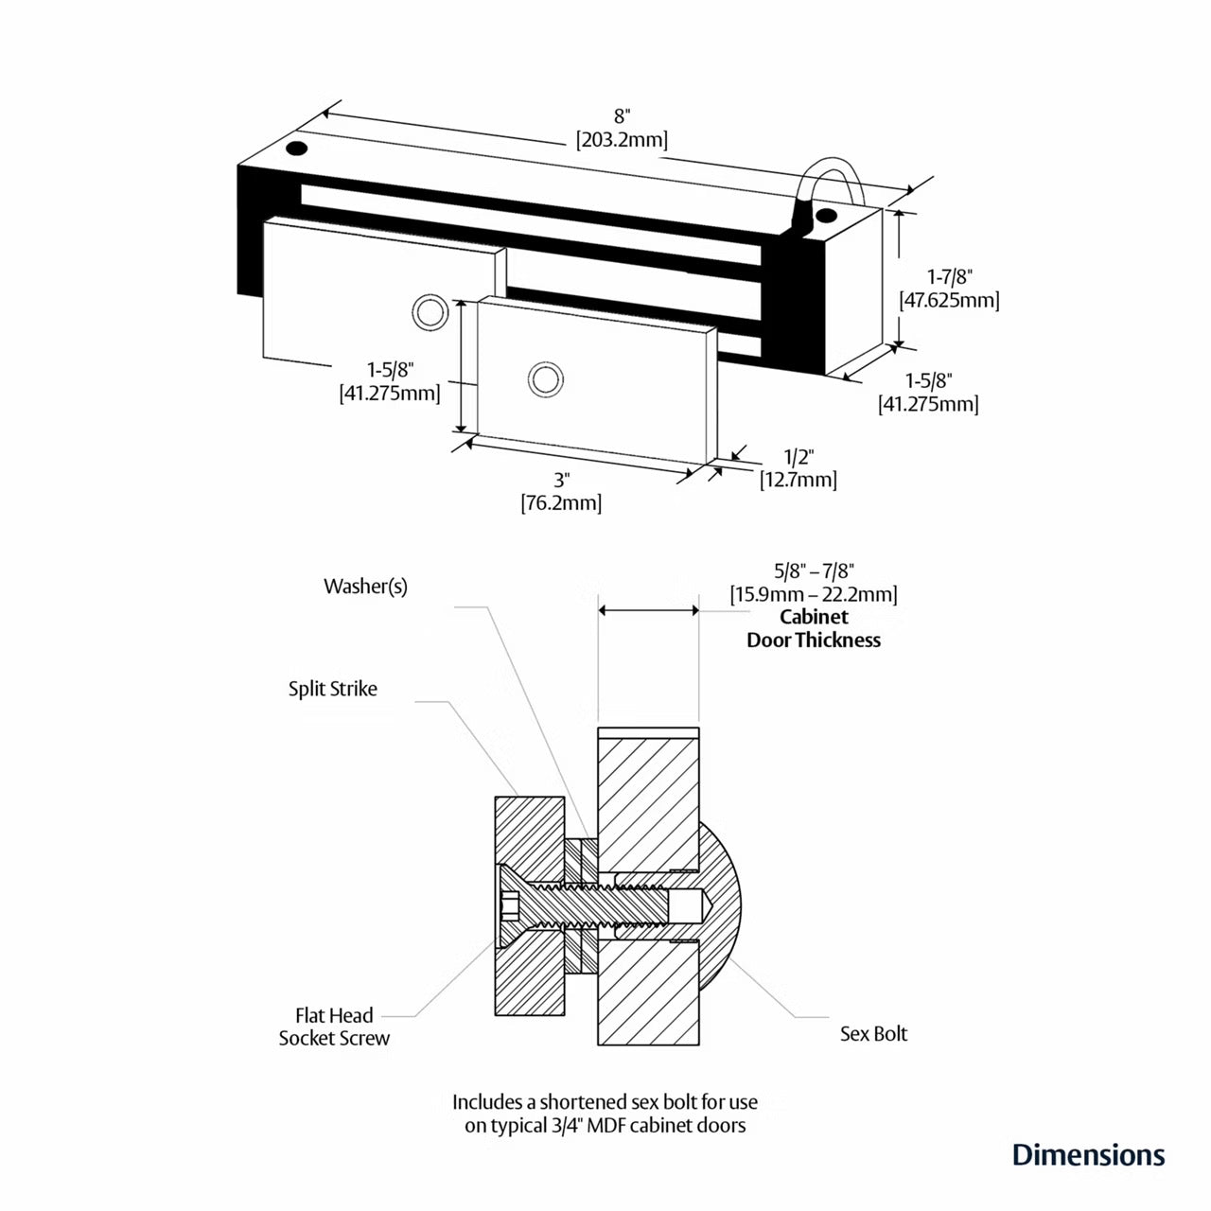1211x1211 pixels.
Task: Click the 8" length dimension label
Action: pos(622,116)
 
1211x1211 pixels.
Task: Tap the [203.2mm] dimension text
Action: pos(622,140)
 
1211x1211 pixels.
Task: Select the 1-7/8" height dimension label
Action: pos(949,276)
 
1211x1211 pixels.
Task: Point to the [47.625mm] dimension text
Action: pos(949,300)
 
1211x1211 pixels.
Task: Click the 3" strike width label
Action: pos(561,480)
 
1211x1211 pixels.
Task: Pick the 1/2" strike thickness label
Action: pos(799,456)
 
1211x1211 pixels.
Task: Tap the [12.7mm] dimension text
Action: pos(799,480)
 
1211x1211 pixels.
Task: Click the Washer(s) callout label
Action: pos(365,587)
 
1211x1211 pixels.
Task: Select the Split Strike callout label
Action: pos(332,689)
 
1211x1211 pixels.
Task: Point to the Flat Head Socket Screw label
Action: pos(334,1027)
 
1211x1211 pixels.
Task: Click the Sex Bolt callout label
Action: pos(873,1033)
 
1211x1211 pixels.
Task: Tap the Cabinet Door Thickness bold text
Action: pos(814,628)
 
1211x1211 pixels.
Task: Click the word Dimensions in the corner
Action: pos(1088,1154)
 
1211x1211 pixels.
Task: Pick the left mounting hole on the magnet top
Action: pos(298,149)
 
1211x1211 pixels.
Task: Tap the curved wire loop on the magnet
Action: pos(830,170)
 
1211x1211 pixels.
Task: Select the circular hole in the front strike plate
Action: pos(544,379)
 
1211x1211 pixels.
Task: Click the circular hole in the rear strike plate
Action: pos(430,311)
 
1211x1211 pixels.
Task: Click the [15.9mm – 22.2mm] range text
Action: pos(814,594)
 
